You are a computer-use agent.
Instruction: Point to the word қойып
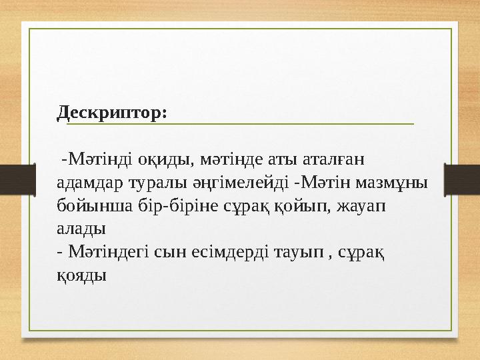click(283, 205)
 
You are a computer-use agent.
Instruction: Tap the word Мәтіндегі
click(108, 251)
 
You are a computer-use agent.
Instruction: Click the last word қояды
click(81, 273)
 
